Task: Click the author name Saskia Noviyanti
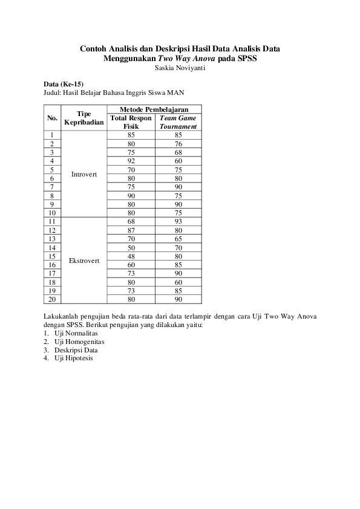pyautogui.click(x=180, y=68)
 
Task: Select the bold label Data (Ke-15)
pyautogui.click(x=64, y=83)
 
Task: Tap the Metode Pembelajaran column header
pyautogui.click(x=154, y=109)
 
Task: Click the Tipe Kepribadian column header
pyautogui.click(x=84, y=118)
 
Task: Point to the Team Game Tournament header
pyautogui.click(x=178, y=122)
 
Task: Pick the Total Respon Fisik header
pyautogui.click(x=131, y=122)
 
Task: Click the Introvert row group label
pyautogui.click(x=84, y=174)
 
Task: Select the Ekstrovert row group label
pyautogui.click(x=84, y=260)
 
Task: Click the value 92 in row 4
pyautogui.click(x=131, y=161)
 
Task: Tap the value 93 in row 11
pyautogui.click(x=178, y=222)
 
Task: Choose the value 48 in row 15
pyautogui.click(x=131, y=256)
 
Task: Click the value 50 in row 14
pyautogui.click(x=131, y=248)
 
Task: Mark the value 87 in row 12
pyautogui.click(x=131, y=230)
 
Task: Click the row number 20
pyautogui.click(x=53, y=299)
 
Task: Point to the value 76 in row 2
pyautogui.click(x=178, y=144)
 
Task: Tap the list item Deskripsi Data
pyautogui.click(x=76, y=350)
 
